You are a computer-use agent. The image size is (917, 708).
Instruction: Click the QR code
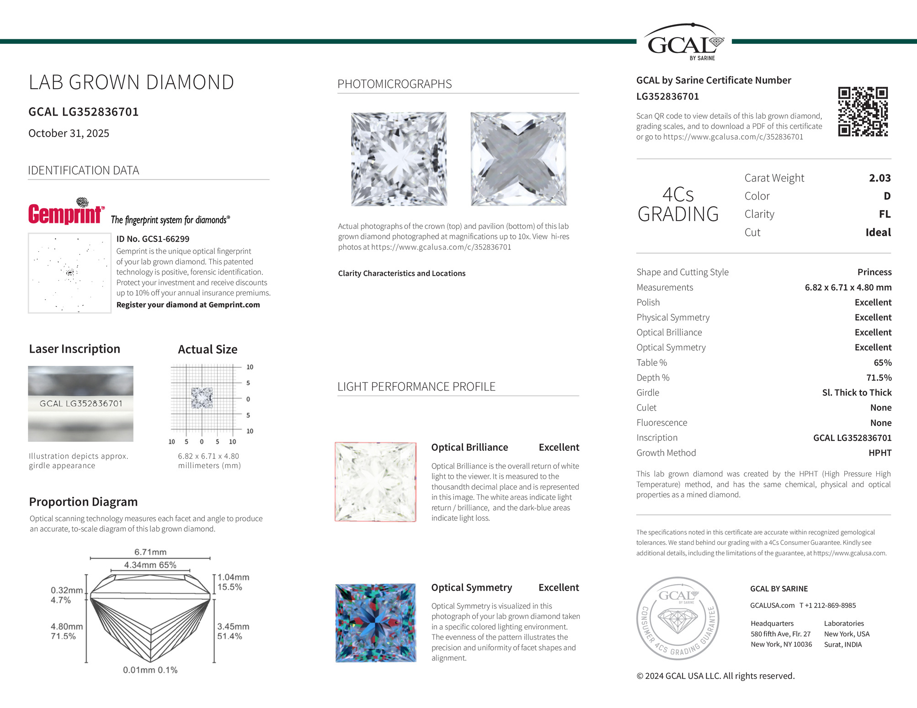863,111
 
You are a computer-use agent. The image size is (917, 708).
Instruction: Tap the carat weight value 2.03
880,178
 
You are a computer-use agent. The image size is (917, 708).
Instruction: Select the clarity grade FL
885,214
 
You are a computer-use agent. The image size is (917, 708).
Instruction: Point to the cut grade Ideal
878,232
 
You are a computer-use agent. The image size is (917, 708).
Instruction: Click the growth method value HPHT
880,453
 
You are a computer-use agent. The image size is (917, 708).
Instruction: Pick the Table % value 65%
882,363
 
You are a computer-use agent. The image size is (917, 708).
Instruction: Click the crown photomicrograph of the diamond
399,159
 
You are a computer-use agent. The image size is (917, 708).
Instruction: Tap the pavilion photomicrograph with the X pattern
518,159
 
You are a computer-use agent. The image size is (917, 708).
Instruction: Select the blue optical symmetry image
376,623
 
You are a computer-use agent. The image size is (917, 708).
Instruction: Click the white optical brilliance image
376,482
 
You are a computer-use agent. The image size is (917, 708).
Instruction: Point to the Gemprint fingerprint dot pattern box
69,273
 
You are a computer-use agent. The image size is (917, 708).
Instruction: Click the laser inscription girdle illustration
80,404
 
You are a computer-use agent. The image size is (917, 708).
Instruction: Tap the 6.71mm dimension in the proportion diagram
150,552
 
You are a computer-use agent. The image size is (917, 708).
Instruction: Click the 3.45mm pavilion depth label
233,626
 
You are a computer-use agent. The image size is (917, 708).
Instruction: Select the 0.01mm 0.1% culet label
150,670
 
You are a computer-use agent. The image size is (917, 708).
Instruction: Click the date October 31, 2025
69,133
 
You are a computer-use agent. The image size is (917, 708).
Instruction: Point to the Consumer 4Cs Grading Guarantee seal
677,618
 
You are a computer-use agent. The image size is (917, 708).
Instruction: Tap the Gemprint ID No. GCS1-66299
153,239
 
